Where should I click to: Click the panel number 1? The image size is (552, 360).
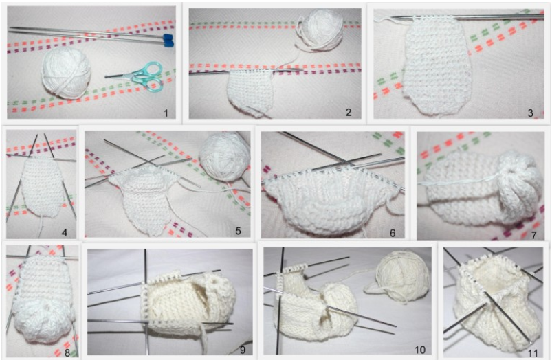click(165, 113)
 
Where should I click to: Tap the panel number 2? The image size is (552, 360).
click(349, 112)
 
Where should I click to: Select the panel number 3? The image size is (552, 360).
click(531, 113)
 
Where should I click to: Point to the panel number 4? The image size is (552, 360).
click(64, 232)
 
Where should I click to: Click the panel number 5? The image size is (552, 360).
click(238, 231)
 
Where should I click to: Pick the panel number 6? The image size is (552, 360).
click(393, 233)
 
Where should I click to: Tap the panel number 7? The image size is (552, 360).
click(534, 235)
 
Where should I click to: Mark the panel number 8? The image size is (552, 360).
click(67, 352)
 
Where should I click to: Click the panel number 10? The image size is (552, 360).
click(420, 350)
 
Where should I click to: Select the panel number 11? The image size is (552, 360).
click(533, 352)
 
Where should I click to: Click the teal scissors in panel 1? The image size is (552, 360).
click(137, 76)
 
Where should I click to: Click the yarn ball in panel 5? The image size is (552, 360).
click(223, 155)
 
